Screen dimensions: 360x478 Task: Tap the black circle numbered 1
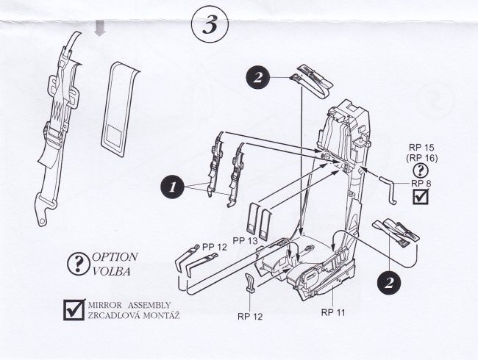171,187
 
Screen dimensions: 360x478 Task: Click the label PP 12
215,248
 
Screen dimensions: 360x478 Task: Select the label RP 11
335,312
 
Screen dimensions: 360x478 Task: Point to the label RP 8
421,183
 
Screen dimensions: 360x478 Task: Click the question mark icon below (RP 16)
421,170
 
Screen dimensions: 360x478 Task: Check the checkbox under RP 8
421,197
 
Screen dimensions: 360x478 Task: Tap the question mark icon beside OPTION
75,264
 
